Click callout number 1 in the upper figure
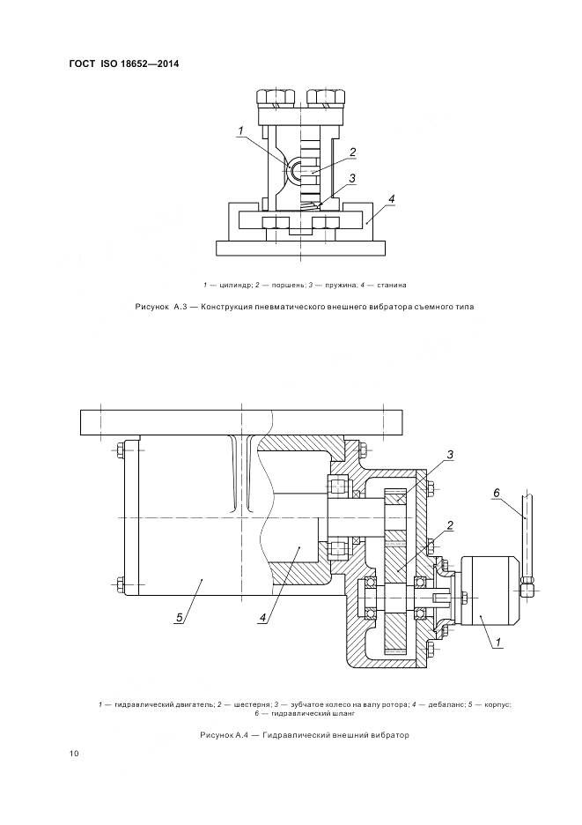239,132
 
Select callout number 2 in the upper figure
351,152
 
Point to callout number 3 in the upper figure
351,178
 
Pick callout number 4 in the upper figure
391,199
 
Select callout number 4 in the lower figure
262,618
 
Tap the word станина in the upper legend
390,285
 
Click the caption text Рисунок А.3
158,307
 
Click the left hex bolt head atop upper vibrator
271,95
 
